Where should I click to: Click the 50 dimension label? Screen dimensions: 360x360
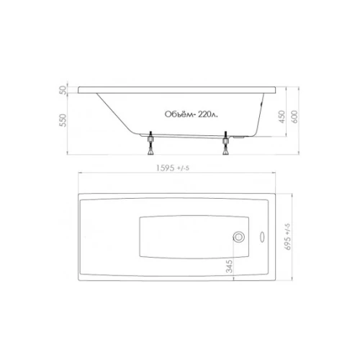pyautogui.click(x=63, y=90)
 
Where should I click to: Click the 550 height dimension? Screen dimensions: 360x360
pyautogui.click(x=63, y=120)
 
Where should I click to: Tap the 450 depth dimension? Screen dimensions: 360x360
pyautogui.click(x=282, y=117)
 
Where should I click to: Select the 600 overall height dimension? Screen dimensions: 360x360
pyautogui.click(x=294, y=117)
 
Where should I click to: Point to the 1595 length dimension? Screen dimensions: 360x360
pyautogui.click(x=165, y=168)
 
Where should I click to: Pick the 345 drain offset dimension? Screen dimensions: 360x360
pyautogui.click(x=230, y=266)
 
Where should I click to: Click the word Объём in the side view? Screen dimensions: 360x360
pyautogui.click(x=180, y=114)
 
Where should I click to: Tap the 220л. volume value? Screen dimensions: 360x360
pyautogui.click(x=208, y=114)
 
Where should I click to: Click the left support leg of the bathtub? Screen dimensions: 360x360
pyautogui.click(x=150, y=143)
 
